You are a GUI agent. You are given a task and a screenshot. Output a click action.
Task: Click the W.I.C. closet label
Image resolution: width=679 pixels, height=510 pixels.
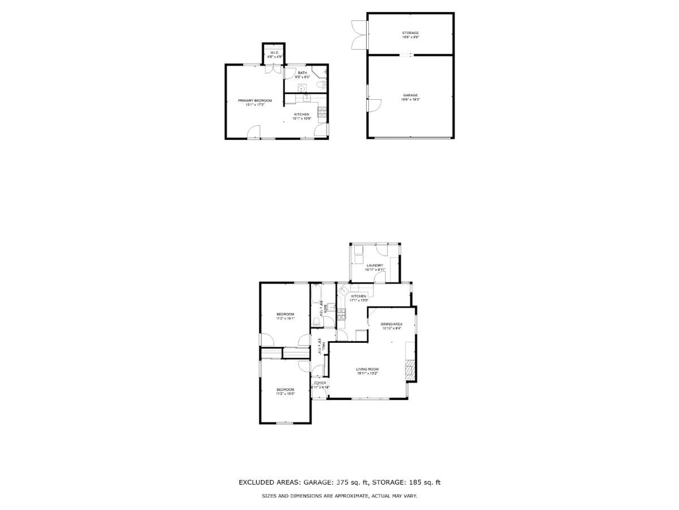coord(274,53)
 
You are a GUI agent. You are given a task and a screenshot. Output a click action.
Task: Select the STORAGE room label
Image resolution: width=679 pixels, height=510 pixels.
coord(410,33)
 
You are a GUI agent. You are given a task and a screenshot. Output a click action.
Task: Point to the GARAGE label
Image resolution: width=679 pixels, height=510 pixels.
coord(410,95)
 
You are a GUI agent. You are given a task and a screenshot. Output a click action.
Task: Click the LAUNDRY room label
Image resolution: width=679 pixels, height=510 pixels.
coord(375,265)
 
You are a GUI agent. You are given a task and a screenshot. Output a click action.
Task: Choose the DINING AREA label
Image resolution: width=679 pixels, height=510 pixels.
coord(392,324)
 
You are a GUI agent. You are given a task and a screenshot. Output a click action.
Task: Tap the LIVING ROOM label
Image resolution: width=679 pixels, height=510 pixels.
coord(367,369)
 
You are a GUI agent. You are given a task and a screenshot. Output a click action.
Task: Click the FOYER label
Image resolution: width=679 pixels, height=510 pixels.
coord(320,384)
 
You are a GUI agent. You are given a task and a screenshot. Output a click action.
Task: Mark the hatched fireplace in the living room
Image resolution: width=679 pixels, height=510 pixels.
coord(410,369)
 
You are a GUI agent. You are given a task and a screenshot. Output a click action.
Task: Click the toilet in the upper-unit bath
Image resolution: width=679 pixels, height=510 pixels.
coord(320,85)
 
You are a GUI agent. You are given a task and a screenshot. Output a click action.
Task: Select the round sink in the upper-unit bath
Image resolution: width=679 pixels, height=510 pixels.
coord(302,88)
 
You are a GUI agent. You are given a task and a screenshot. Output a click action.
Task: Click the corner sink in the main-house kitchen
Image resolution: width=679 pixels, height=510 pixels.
coord(343,290)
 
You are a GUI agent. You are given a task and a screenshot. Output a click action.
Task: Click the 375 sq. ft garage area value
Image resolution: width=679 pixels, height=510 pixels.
coord(351,483)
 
